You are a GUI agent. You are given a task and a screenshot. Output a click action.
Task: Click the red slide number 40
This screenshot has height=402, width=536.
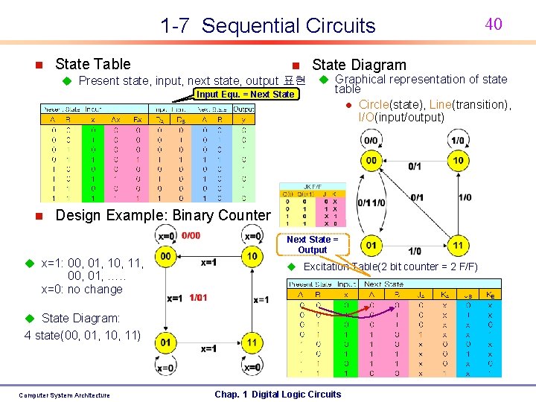pyautogui.click(x=494, y=24)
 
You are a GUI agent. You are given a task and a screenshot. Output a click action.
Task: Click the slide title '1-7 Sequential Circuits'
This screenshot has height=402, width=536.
pyautogui.click(x=268, y=26)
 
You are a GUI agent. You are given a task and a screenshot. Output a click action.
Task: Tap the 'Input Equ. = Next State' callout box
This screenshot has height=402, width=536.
pyautogui.click(x=245, y=95)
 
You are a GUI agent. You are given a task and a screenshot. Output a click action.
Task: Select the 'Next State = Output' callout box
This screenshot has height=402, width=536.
pyautogui.click(x=312, y=244)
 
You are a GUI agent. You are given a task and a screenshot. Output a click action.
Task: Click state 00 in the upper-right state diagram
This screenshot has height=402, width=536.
pyautogui.click(x=371, y=160)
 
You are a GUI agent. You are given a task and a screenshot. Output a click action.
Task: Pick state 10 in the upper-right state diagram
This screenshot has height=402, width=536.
pyautogui.click(x=458, y=160)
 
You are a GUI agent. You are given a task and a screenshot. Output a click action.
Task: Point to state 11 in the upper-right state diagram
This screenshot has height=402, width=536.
pyautogui.click(x=458, y=245)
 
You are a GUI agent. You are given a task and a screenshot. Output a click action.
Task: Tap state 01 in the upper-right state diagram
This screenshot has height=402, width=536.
pyautogui.click(x=371, y=245)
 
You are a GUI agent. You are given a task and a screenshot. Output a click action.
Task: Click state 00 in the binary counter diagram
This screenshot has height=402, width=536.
pyautogui.click(x=165, y=257)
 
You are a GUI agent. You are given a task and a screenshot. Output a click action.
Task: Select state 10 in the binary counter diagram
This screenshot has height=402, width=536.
pyautogui.click(x=252, y=257)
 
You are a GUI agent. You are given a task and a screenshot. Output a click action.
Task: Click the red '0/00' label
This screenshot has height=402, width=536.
pyautogui.click(x=191, y=236)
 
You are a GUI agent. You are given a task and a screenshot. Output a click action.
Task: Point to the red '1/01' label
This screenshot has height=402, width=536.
pyautogui.click(x=197, y=298)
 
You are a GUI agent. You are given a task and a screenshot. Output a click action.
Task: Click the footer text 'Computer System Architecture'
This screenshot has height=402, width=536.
pyautogui.click(x=64, y=395)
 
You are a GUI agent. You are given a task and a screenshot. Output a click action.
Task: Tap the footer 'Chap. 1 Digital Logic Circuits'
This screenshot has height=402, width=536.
pyautogui.click(x=277, y=395)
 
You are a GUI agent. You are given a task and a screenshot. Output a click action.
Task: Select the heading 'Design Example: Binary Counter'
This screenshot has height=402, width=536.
pyautogui.click(x=163, y=215)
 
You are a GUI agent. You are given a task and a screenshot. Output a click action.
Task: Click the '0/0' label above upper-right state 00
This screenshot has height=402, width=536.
pyautogui.click(x=370, y=140)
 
